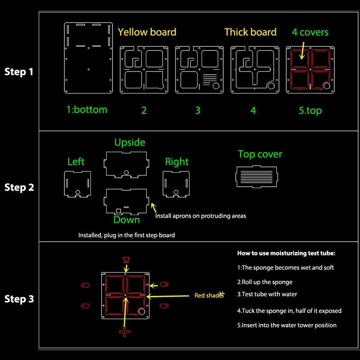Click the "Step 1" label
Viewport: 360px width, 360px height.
coord(19,72)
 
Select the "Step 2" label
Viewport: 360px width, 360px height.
coord(19,187)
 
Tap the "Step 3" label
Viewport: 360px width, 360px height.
coord(19,299)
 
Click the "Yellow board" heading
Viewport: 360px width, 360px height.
coord(147,32)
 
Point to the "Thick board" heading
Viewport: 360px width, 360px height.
coord(250,32)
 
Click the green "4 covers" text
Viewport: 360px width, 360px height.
coord(310,32)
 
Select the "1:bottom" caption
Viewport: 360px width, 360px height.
coord(87,109)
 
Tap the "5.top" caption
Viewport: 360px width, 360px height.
coord(310,110)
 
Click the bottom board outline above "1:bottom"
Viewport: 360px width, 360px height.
coord(89,57)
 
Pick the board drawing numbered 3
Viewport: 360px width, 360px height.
coord(199,69)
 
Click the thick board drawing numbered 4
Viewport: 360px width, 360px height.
coord(254,69)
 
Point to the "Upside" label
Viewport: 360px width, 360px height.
coord(130,143)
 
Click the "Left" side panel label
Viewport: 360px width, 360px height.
coord(76,162)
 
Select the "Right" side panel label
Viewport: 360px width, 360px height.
coord(177,162)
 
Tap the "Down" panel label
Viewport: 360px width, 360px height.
coord(126,220)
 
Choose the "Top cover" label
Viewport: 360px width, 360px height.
coord(260,154)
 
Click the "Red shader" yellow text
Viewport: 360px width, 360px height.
coord(209,296)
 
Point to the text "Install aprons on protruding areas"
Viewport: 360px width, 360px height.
coord(201,216)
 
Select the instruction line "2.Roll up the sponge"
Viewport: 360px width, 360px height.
coord(265,282)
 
